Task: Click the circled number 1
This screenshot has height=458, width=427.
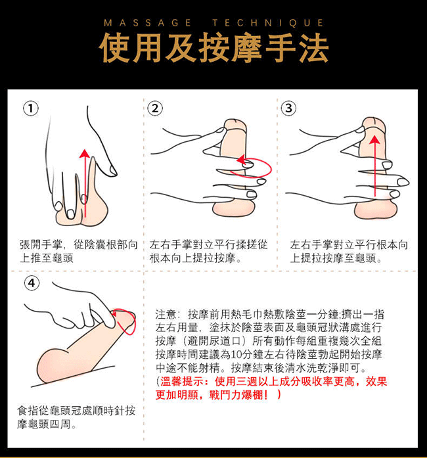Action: (31, 108)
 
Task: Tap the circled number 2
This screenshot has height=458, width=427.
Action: (155, 108)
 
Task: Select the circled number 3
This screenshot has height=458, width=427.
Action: (288, 108)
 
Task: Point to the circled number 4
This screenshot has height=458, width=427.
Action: (32, 283)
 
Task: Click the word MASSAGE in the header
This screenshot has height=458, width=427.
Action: (148, 23)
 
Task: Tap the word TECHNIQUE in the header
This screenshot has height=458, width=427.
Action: (268, 23)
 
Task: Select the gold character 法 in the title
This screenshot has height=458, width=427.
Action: (313, 47)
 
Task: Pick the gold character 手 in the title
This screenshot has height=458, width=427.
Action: (280, 47)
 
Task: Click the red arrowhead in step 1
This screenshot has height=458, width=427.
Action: (85, 153)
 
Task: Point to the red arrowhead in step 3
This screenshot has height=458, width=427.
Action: (374, 139)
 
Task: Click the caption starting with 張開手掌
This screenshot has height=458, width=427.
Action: (78, 251)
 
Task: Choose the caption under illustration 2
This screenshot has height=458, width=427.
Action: (208, 251)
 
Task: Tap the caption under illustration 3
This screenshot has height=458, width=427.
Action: (349, 251)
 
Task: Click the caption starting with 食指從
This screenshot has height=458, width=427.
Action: (76, 417)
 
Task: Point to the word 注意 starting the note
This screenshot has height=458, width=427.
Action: (166, 315)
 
